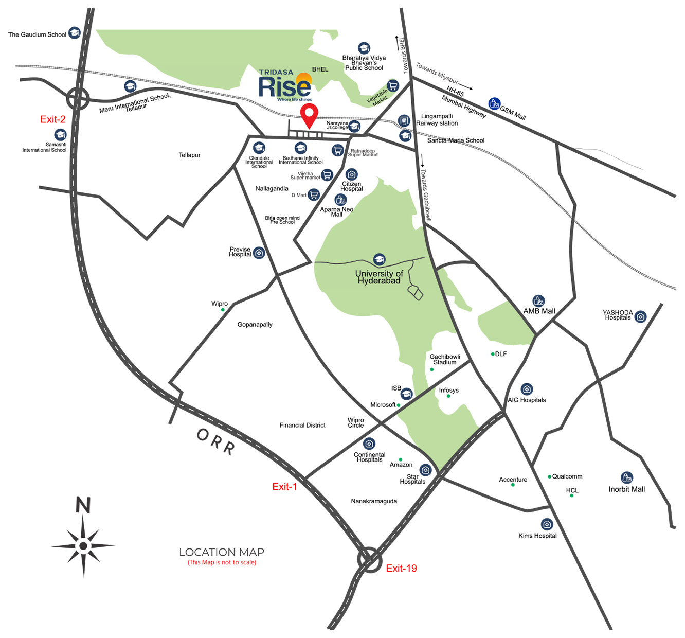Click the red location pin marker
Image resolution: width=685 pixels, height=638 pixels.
pos(309,115)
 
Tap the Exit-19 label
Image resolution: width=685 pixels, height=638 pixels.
pos(401,568)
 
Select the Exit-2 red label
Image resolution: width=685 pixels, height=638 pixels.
pos(53,119)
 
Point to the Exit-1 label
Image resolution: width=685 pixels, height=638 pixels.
pos(284,486)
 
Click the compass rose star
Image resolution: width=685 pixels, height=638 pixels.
pos(83,545)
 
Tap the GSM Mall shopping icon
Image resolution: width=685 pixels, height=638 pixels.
pos(494,103)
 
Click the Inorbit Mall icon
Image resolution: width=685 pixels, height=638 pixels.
pos(626,477)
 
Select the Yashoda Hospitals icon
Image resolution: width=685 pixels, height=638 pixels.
pos(640,316)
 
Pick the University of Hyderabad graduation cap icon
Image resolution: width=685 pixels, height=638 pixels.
pos(379,259)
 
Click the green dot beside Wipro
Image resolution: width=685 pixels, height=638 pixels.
pos(223,310)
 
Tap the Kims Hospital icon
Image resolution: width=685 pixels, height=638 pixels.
pos(547,524)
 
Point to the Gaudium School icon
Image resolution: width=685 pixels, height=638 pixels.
pos(75,33)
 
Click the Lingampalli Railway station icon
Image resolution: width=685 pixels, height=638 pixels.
pos(404,121)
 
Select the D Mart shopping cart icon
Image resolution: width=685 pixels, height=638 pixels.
pos(314,194)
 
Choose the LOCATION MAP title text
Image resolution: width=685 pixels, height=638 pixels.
pos(222,552)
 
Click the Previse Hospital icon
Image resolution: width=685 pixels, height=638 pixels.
pos(259,253)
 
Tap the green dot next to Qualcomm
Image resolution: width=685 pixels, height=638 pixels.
pos(549,476)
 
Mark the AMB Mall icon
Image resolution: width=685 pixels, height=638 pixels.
pos(538,301)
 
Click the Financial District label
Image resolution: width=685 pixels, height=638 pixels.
pos(302,425)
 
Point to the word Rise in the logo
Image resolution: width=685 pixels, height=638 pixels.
pos(284,86)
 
